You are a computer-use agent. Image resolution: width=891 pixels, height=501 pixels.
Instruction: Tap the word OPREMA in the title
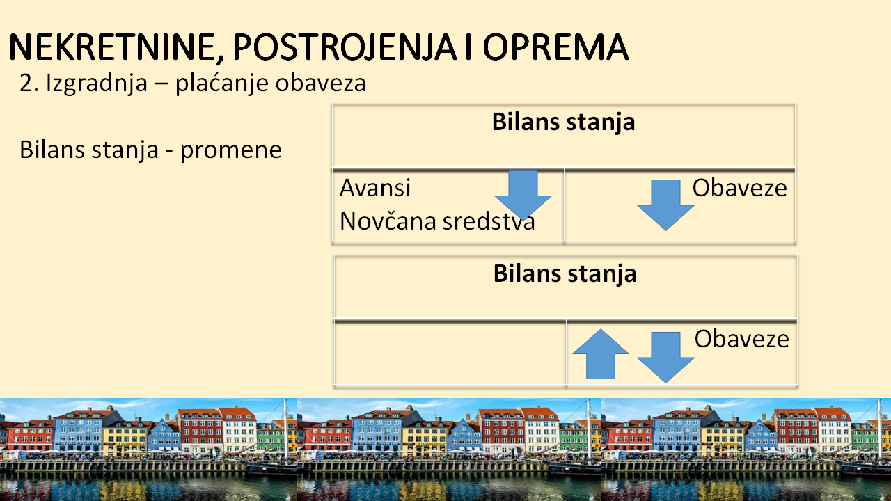click(x=555, y=47)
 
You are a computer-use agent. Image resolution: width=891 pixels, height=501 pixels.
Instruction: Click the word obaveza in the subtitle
click(x=321, y=83)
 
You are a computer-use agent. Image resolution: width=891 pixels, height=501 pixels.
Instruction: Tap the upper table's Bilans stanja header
click(x=563, y=122)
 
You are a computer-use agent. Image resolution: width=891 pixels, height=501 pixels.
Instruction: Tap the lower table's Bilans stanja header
click(x=565, y=274)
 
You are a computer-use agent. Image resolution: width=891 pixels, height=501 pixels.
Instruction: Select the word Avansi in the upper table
click(x=374, y=188)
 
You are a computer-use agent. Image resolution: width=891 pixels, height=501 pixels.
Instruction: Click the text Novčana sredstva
click(x=437, y=221)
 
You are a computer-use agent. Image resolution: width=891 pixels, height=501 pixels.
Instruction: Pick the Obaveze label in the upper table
click(x=739, y=188)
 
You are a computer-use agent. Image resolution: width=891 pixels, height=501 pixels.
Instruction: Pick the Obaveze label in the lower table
click(x=741, y=339)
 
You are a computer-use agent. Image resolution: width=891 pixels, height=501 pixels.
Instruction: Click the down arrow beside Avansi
click(x=523, y=195)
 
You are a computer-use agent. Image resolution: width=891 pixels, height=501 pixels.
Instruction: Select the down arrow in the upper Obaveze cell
click(x=665, y=205)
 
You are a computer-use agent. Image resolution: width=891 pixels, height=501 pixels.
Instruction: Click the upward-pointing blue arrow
click(x=601, y=354)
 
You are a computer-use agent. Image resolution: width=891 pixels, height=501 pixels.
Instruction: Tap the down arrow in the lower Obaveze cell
click(x=665, y=357)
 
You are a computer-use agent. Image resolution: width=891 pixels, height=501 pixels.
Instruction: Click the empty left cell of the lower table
click(x=450, y=353)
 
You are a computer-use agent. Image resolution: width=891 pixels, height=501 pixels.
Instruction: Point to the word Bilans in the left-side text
click(x=49, y=150)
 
